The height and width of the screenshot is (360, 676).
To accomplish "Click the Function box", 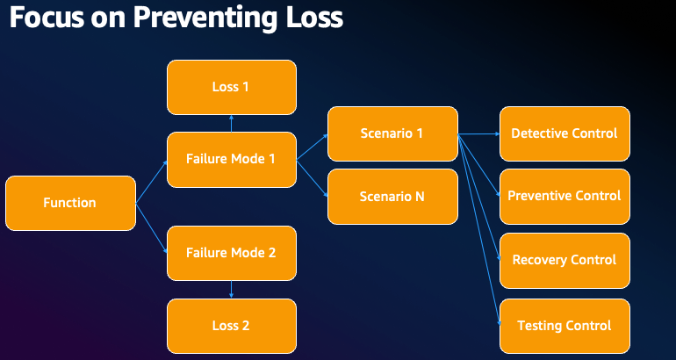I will (70, 203).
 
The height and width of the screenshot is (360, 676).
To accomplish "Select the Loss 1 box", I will (231, 87).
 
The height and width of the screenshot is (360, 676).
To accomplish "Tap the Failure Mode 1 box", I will (231, 160).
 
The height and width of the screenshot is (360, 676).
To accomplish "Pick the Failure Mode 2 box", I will (231, 253).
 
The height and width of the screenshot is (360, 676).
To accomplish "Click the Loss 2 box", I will (231, 325).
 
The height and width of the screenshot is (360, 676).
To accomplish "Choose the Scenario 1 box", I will (392, 133).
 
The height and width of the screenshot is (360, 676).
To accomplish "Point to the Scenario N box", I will (392, 197).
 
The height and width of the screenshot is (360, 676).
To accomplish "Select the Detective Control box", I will (565, 133).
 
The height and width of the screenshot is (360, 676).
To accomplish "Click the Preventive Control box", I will (565, 196).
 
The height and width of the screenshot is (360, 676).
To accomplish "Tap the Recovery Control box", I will (565, 260).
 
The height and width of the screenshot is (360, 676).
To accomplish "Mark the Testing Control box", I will (565, 326).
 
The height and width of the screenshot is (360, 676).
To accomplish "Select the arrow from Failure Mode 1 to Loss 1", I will (231, 124).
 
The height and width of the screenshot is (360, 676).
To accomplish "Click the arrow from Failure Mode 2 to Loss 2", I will (231, 290).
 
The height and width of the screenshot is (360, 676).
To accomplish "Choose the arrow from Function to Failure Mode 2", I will (151, 228).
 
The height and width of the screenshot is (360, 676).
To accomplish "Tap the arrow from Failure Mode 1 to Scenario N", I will (312, 178).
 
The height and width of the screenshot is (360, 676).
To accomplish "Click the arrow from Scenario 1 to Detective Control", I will (478, 134).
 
